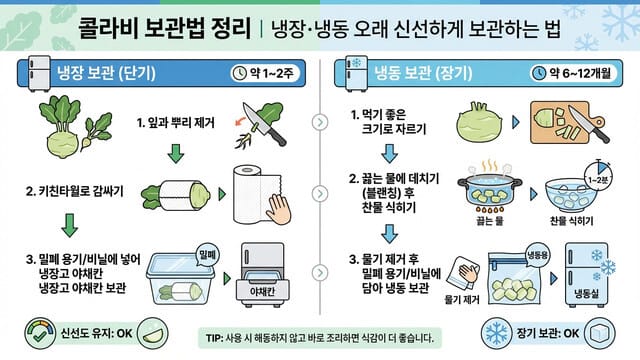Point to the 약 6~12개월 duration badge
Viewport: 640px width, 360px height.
(x=579, y=73)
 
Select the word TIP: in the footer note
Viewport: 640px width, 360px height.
(x=215, y=338)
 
